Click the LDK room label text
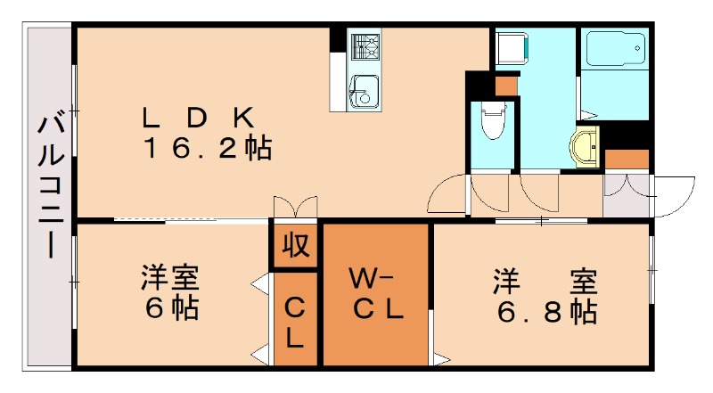201,117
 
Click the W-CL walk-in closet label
376,295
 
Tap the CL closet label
296,323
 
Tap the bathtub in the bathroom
614,51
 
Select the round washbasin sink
586,144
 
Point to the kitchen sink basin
365,89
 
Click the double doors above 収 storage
295,206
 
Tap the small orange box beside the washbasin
627,160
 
